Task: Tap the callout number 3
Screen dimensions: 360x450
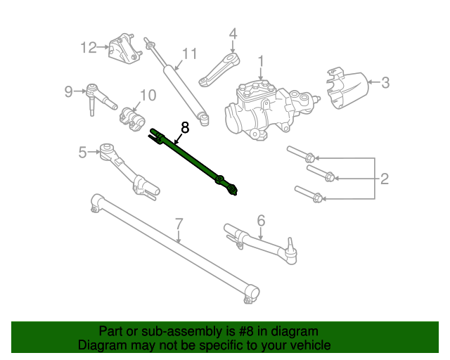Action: point(385,83)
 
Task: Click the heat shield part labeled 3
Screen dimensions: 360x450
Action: point(347,89)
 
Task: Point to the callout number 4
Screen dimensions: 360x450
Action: point(233,33)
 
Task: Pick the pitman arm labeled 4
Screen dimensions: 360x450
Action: point(220,70)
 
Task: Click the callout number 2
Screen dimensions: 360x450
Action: point(385,179)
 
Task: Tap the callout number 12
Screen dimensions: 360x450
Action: point(88,48)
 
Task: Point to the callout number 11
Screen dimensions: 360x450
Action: point(189,54)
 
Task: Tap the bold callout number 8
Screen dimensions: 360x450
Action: point(185,127)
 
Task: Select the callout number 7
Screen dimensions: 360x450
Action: point(179,224)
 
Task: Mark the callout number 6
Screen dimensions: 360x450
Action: point(261,221)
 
